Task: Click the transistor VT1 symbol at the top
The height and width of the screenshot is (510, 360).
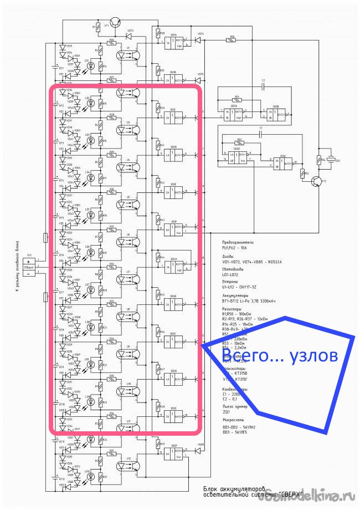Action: [114, 23]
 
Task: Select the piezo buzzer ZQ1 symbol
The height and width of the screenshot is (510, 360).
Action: [331, 160]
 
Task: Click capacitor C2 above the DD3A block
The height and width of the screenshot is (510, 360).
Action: [264, 87]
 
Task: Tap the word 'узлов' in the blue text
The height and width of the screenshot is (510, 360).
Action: [313, 356]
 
